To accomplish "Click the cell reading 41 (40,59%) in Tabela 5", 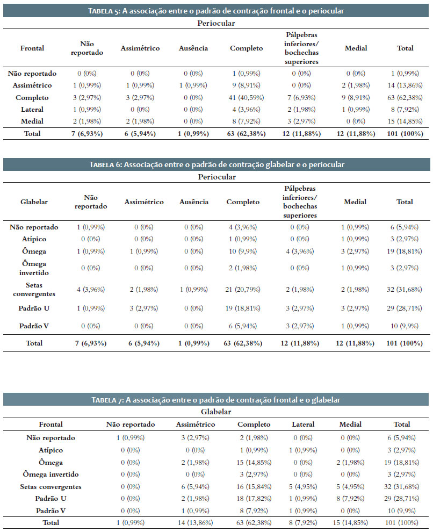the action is [246, 98].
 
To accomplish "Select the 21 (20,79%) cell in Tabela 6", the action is [243, 290].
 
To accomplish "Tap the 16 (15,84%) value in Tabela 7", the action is [254, 486].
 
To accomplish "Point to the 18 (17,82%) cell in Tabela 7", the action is [254, 498].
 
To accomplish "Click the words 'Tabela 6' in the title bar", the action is [105, 164].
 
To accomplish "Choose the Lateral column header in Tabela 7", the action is [303, 424].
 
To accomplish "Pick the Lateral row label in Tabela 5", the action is [32, 109].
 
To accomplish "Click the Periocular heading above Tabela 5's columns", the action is [216, 23].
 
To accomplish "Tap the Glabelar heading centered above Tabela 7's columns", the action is [216, 412].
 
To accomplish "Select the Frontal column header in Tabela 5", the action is [32, 48].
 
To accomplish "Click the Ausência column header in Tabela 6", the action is [194, 202].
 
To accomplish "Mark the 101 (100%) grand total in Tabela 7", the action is [402, 522].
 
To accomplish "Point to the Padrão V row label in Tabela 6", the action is [34, 326].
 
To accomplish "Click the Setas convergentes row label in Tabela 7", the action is [51, 486].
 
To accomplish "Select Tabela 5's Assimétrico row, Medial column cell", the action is [356, 85].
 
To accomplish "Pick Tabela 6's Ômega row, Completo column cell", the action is [243, 251].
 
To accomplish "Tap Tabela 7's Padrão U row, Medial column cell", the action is [350, 498].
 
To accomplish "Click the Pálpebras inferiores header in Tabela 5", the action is [301, 48].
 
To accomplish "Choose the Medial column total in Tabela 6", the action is [355, 343].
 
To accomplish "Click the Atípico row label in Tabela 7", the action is [51, 450].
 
